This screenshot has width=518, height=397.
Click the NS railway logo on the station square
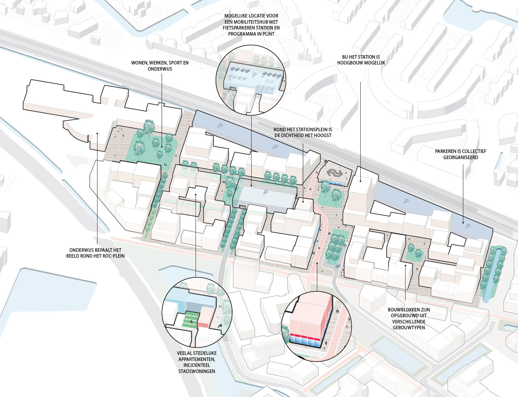click(334, 173)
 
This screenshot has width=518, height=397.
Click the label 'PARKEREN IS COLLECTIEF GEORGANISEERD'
click(460, 154)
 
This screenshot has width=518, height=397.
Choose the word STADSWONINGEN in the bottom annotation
click(197, 371)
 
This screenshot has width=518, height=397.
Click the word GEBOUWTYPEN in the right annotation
click(409, 328)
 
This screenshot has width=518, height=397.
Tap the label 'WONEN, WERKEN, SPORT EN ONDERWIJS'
click(160, 66)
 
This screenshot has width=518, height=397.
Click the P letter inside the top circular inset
click(254, 75)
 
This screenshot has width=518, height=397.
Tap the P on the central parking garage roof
click(265, 192)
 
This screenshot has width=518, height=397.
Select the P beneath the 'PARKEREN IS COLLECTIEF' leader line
click(467, 226)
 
